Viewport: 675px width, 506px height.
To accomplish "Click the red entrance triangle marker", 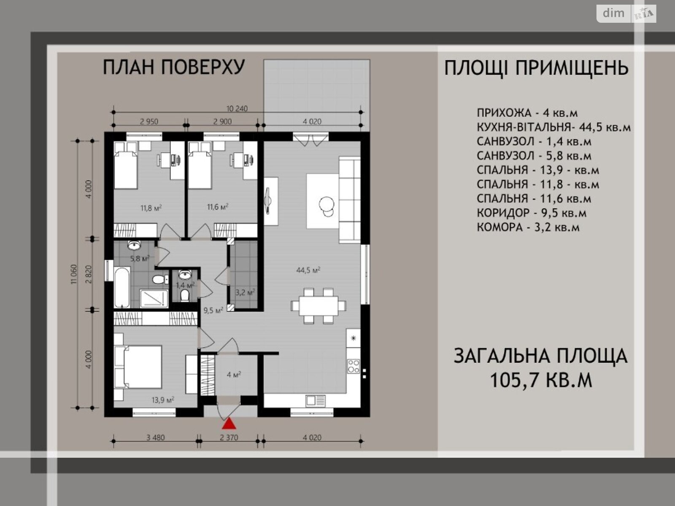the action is click(x=229, y=423).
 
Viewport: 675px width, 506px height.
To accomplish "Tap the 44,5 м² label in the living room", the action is click(x=308, y=270).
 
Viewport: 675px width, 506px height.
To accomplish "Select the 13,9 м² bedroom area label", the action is click(x=163, y=400).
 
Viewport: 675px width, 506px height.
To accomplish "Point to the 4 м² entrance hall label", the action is click(x=234, y=374).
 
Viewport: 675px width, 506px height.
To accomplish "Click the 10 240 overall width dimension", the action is click(x=237, y=108).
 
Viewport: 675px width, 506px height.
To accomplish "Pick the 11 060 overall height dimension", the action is click(x=73, y=274).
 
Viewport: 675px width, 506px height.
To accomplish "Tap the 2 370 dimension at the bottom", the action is click(x=229, y=437).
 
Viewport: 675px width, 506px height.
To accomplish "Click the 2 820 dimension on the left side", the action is click(x=89, y=274).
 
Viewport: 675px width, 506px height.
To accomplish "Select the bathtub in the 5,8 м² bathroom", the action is click(x=122, y=287).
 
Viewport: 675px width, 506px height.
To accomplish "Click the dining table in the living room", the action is click(x=319, y=306).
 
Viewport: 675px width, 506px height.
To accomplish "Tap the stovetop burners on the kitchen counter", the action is click(x=354, y=366).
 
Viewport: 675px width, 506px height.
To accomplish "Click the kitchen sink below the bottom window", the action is click(x=316, y=401).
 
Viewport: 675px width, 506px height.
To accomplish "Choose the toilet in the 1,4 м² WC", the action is click(x=184, y=296).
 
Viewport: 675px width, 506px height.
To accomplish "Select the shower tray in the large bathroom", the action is click(x=154, y=298).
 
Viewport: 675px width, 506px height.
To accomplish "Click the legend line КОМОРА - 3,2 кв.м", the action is click(x=528, y=227).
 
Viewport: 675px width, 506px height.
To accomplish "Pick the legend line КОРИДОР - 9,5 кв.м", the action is click(x=532, y=213).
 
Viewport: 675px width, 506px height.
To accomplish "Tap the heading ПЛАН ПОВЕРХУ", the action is click(x=174, y=67).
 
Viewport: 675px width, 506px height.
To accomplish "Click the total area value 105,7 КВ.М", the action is click(x=540, y=380).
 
